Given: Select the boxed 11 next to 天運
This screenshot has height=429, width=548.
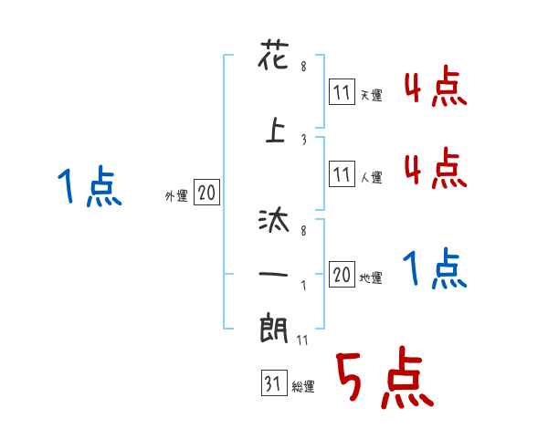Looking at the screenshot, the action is tap(341, 92).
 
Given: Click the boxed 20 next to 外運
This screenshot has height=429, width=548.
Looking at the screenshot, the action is tap(206, 193).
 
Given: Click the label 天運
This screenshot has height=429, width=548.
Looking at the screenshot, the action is tap(371, 95).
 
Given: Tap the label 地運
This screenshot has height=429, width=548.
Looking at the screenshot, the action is tap(371, 277).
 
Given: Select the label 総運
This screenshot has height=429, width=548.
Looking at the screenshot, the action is tap(303, 387).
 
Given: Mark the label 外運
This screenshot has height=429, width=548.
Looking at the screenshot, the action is tap(176, 195).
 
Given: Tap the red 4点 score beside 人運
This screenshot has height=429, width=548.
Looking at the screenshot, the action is tap(436, 168).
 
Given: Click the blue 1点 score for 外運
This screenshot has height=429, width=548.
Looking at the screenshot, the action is tap(89, 188).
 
